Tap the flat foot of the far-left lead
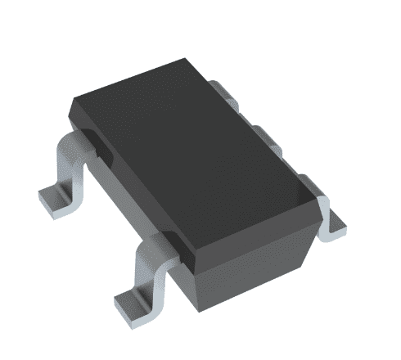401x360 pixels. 57,196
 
